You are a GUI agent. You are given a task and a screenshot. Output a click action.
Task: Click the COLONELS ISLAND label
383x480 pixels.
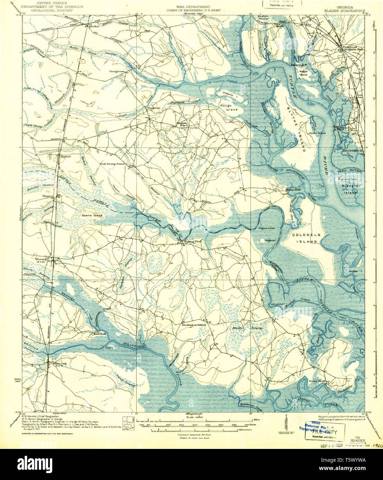pyautogui.click(x=306, y=238)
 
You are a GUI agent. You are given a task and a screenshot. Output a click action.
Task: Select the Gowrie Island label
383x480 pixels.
pyautogui.click(x=93, y=215)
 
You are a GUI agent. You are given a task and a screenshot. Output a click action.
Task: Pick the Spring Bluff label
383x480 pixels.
pyautogui.click(x=192, y=241)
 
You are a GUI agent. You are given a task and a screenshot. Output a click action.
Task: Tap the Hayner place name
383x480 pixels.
pyautogui.click(x=65, y=156)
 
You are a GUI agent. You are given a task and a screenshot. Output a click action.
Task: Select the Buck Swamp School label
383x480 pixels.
pyautogui.click(x=112, y=164)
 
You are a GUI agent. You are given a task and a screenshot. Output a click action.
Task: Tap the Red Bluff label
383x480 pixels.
pyautogui.click(x=100, y=334)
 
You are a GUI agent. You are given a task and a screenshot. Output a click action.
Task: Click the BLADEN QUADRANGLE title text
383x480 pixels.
pyautogui.click(x=344, y=11)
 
